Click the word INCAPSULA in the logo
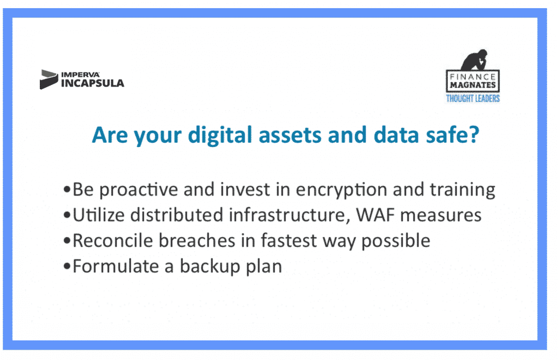(x=93, y=83)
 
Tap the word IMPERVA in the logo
(x=81, y=75)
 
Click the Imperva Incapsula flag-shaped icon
(x=48, y=79)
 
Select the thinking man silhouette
(x=475, y=59)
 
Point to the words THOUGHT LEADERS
(x=473, y=99)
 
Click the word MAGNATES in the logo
(x=473, y=86)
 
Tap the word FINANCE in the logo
(x=473, y=76)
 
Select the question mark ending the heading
(x=474, y=135)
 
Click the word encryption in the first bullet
(x=342, y=190)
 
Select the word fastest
(x=289, y=241)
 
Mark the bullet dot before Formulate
(x=66, y=266)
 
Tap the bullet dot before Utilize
(x=66, y=215)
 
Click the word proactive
(x=138, y=190)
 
